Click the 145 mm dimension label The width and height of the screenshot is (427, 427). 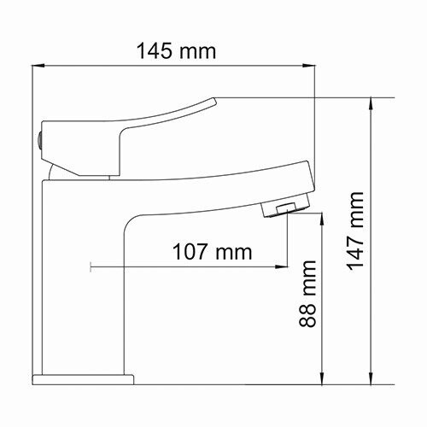click(176, 50)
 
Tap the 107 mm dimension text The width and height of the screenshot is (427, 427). click(212, 252)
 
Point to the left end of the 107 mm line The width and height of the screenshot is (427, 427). click(90, 268)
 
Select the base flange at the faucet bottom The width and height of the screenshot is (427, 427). click(84, 377)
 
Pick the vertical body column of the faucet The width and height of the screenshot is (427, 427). click(85, 282)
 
